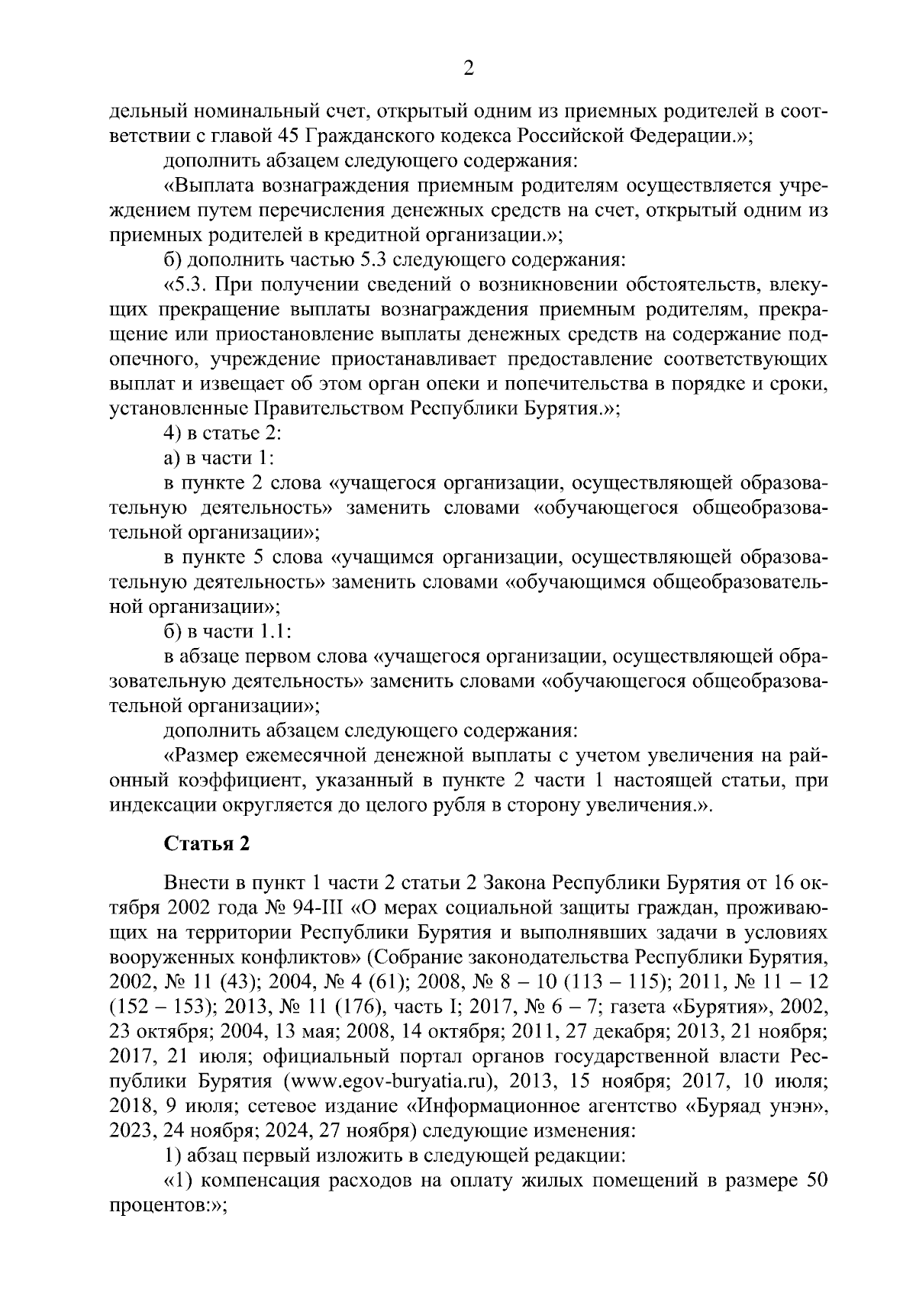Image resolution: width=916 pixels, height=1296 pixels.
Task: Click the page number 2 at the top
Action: (469, 69)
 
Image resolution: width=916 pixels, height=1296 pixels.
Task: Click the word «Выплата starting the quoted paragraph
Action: (210, 186)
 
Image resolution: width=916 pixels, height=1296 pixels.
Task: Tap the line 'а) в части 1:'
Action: (218, 458)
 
